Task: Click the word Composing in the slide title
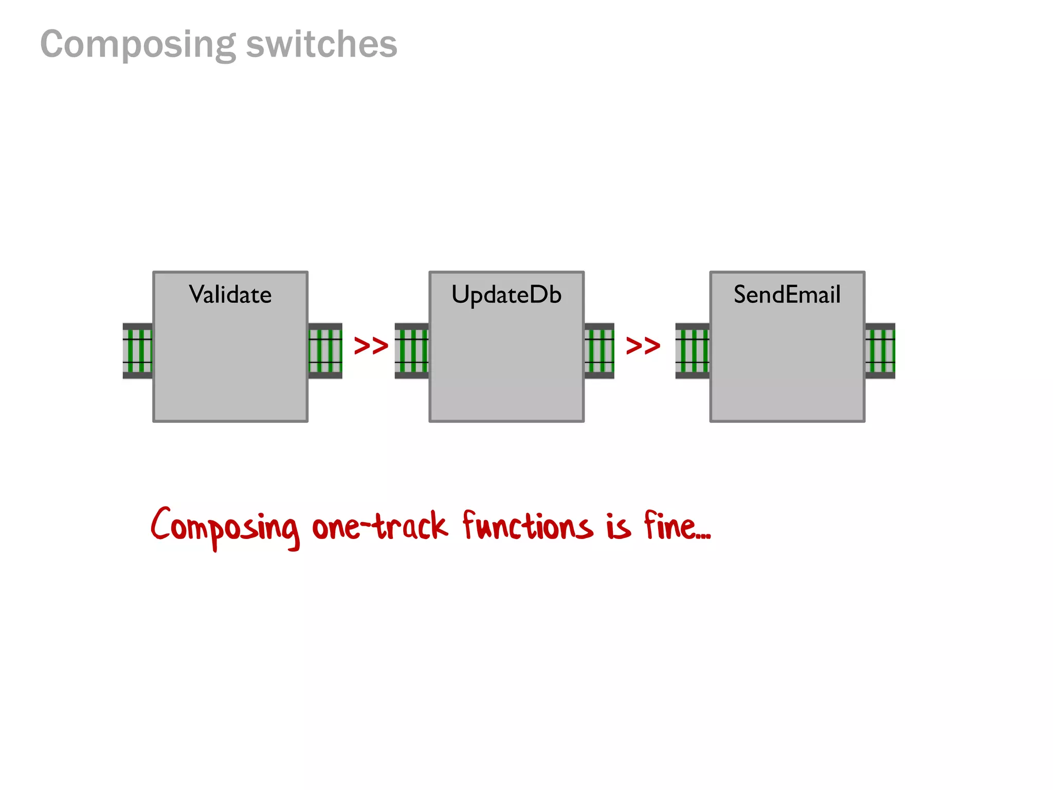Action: (x=138, y=44)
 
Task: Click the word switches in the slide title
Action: (x=321, y=44)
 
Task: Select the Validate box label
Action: (x=230, y=295)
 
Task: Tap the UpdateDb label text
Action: (x=506, y=295)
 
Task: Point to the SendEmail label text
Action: (x=787, y=295)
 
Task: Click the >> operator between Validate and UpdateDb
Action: (x=371, y=346)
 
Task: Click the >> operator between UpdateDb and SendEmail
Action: (x=643, y=346)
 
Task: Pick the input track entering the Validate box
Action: (x=137, y=351)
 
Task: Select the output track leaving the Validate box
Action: (x=325, y=351)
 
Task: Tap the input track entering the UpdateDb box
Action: (x=411, y=351)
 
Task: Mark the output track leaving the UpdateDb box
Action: (x=599, y=351)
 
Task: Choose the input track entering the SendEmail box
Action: (x=692, y=351)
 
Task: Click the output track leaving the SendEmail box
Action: (x=880, y=351)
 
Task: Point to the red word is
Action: (x=618, y=527)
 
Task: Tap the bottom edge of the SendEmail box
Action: (x=787, y=421)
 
